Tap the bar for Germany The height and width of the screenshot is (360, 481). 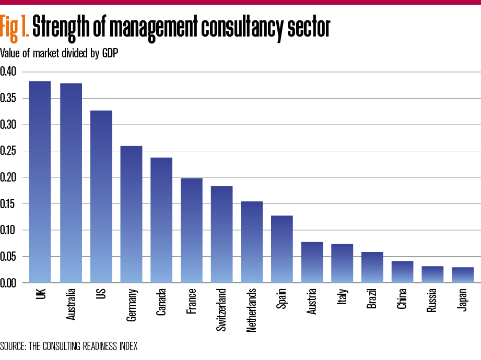tap(131, 214)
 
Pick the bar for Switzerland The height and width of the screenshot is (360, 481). tap(221, 234)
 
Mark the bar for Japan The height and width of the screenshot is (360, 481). tap(463, 275)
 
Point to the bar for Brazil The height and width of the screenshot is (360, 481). tap(372, 267)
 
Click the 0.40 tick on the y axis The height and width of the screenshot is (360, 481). tap(9, 71)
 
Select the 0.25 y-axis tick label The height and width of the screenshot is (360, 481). tap(9, 151)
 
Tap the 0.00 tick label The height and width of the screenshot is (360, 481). tap(9, 283)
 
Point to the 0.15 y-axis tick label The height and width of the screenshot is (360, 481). tap(9, 203)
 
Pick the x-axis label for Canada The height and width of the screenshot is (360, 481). tap(161, 302)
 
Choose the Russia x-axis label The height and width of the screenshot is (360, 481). tap(433, 301)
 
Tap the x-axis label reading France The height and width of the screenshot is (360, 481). tap(192, 300)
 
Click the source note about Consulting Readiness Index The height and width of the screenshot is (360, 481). tap(69, 346)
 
